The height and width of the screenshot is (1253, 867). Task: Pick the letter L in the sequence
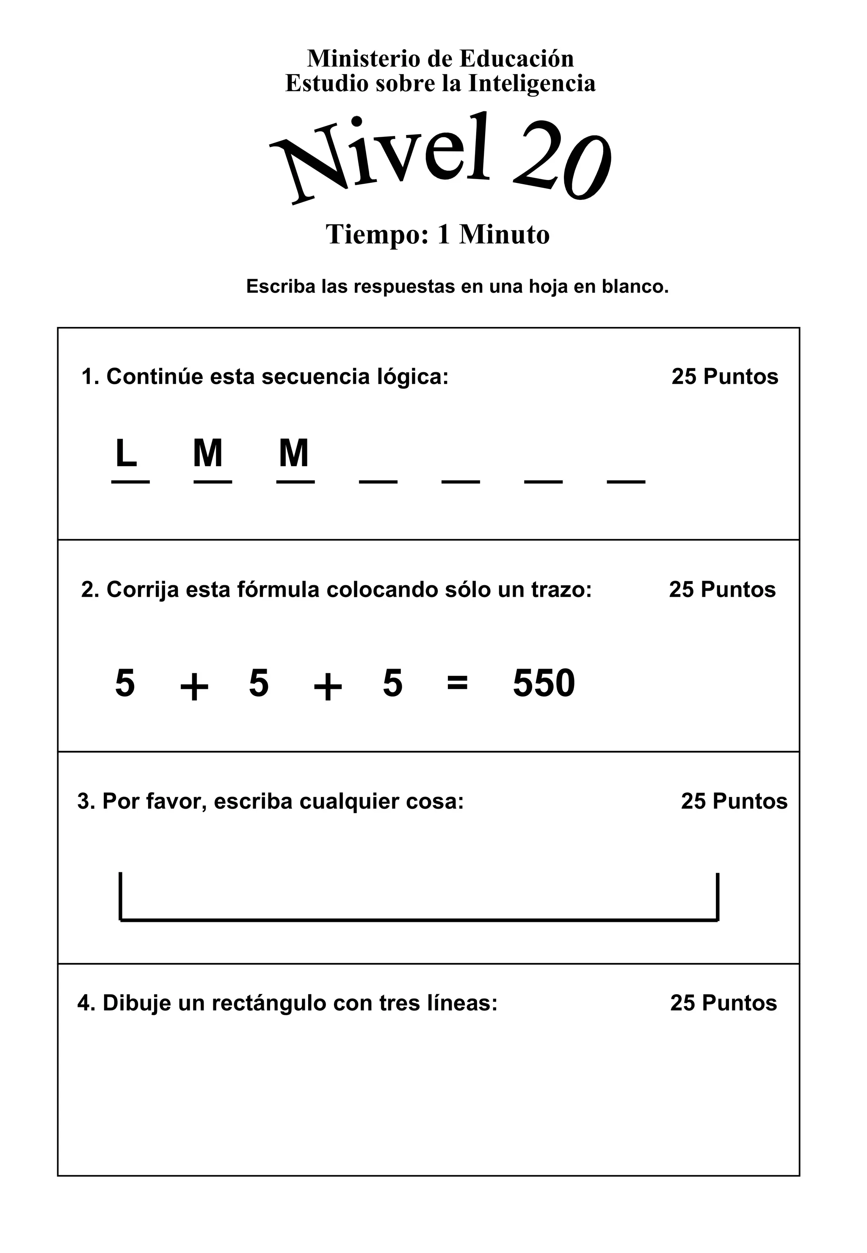tap(126, 453)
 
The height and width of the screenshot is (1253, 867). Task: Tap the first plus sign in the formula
tap(194, 687)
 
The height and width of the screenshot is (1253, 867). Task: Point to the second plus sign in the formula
tap(328, 687)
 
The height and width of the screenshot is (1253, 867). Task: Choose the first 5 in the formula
tap(125, 683)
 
